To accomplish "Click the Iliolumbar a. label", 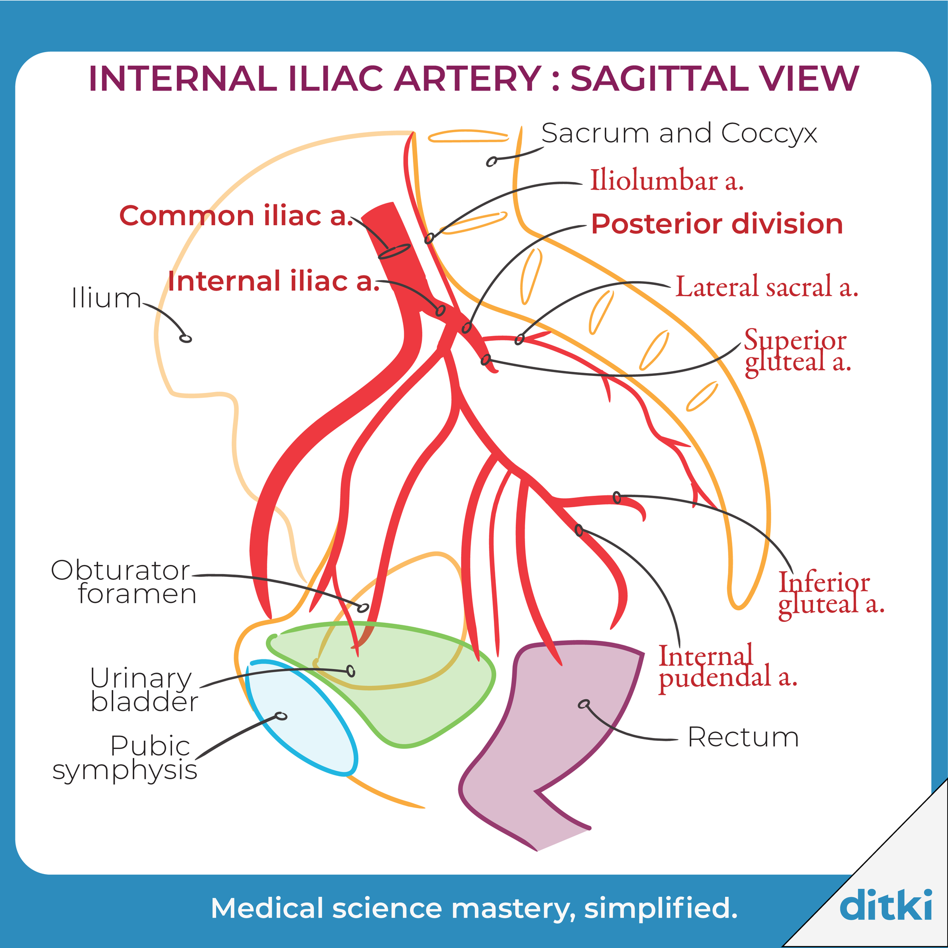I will click(x=666, y=181).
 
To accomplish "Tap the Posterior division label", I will click(x=717, y=224).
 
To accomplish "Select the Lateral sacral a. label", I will click(x=767, y=287).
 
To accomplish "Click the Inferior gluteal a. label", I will click(x=831, y=593).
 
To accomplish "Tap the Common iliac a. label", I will click(x=236, y=216).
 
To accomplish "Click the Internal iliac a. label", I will click(x=273, y=281).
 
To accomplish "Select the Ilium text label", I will click(x=106, y=298).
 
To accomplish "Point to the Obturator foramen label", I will click(x=123, y=583).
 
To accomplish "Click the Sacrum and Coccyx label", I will click(x=679, y=134).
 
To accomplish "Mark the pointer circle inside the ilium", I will click(x=185, y=338).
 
